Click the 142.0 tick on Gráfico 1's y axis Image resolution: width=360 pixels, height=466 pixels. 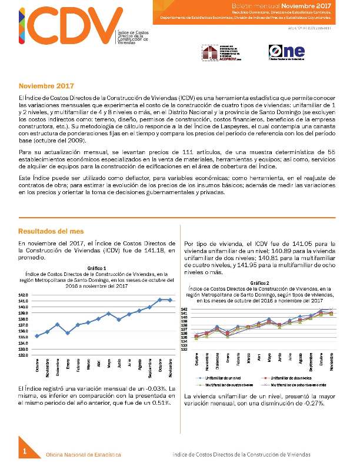click(24, 295)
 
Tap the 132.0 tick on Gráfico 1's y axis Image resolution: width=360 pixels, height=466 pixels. click(24, 355)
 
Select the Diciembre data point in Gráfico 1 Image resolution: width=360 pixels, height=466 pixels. click(57, 324)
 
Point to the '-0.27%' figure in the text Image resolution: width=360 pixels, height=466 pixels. click(305, 404)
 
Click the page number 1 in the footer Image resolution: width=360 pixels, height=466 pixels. click(25, 451)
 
